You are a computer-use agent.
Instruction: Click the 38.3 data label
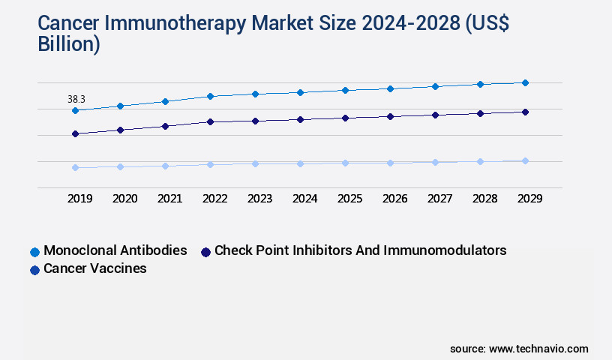[76, 99]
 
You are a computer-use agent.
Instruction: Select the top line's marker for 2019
[75, 110]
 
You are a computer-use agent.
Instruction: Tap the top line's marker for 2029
[525, 82]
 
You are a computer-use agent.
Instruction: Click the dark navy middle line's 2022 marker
[210, 121]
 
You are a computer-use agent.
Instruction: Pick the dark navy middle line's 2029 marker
[525, 112]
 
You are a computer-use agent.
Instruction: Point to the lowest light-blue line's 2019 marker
[75, 167]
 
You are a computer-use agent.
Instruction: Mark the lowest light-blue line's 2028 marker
[480, 161]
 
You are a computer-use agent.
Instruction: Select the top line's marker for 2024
[300, 92]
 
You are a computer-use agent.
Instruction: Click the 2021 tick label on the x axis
[169, 199]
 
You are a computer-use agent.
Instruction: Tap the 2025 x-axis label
[349, 199]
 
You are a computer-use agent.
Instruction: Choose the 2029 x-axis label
[529, 199]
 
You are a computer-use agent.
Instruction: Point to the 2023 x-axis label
[259, 199]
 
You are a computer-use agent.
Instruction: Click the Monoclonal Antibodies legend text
[115, 250]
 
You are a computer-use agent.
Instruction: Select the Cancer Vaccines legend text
[95, 268]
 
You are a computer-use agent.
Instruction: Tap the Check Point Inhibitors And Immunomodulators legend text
[360, 250]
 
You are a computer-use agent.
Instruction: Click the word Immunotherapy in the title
[174, 24]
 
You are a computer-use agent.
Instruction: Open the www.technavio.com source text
[538, 349]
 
